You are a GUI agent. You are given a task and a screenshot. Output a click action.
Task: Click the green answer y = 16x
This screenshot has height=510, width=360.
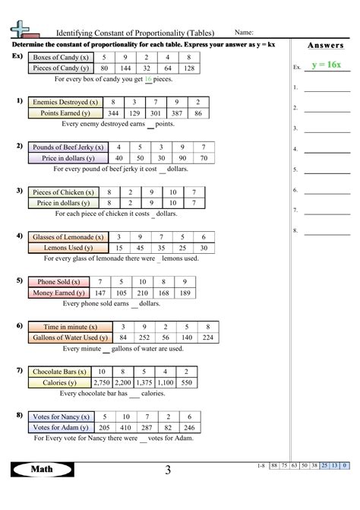tap(326, 66)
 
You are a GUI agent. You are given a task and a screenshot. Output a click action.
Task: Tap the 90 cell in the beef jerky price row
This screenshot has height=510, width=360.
tap(182, 158)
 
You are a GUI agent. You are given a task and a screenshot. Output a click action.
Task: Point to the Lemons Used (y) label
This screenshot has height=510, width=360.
tap(68, 248)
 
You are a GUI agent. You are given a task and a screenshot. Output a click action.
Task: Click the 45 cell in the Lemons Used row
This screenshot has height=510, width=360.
tap(140, 248)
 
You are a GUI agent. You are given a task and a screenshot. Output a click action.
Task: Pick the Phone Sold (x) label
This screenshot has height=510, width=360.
tap(58, 282)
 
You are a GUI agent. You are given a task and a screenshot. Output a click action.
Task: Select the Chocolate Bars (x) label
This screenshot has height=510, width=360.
tap(58, 372)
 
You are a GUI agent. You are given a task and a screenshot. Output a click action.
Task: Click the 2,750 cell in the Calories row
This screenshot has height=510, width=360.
tap(101, 383)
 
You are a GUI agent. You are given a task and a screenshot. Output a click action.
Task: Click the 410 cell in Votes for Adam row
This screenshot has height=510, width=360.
tap(126, 428)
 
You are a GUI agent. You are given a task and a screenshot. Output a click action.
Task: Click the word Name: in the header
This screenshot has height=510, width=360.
tap(244, 33)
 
